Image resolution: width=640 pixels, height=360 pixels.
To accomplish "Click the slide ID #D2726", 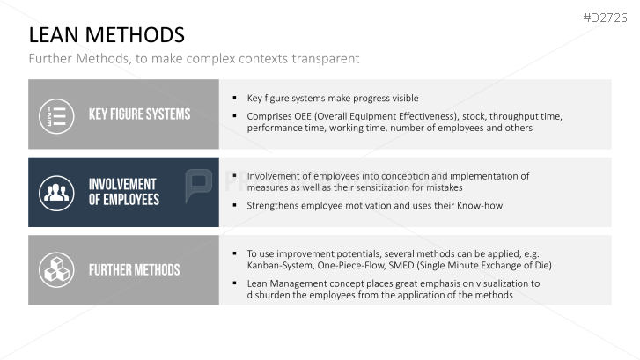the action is click(x=605, y=18).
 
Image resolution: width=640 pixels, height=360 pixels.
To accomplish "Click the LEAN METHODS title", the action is click(x=107, y=35).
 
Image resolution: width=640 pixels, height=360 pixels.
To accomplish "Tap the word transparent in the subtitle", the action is click(x=326, y=59).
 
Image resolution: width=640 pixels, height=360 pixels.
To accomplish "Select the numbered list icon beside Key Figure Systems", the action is click(x=56, y=116).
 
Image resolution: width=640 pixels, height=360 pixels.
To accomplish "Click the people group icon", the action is click(x=56, y=193).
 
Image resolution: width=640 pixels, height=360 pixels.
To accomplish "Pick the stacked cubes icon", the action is click(x=56, y=270).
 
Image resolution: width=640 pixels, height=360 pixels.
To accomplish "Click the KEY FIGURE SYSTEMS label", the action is click(x=140, y=114).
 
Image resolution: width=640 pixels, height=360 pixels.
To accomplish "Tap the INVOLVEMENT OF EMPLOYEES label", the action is click(x=124, y=192).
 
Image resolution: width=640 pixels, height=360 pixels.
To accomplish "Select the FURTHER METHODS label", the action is click(x=135, y=270).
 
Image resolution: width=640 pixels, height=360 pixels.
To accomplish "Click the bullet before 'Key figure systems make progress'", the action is click(x=235, y=98).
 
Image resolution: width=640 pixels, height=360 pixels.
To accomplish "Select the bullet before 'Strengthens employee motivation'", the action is click(x=235, y=205).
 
